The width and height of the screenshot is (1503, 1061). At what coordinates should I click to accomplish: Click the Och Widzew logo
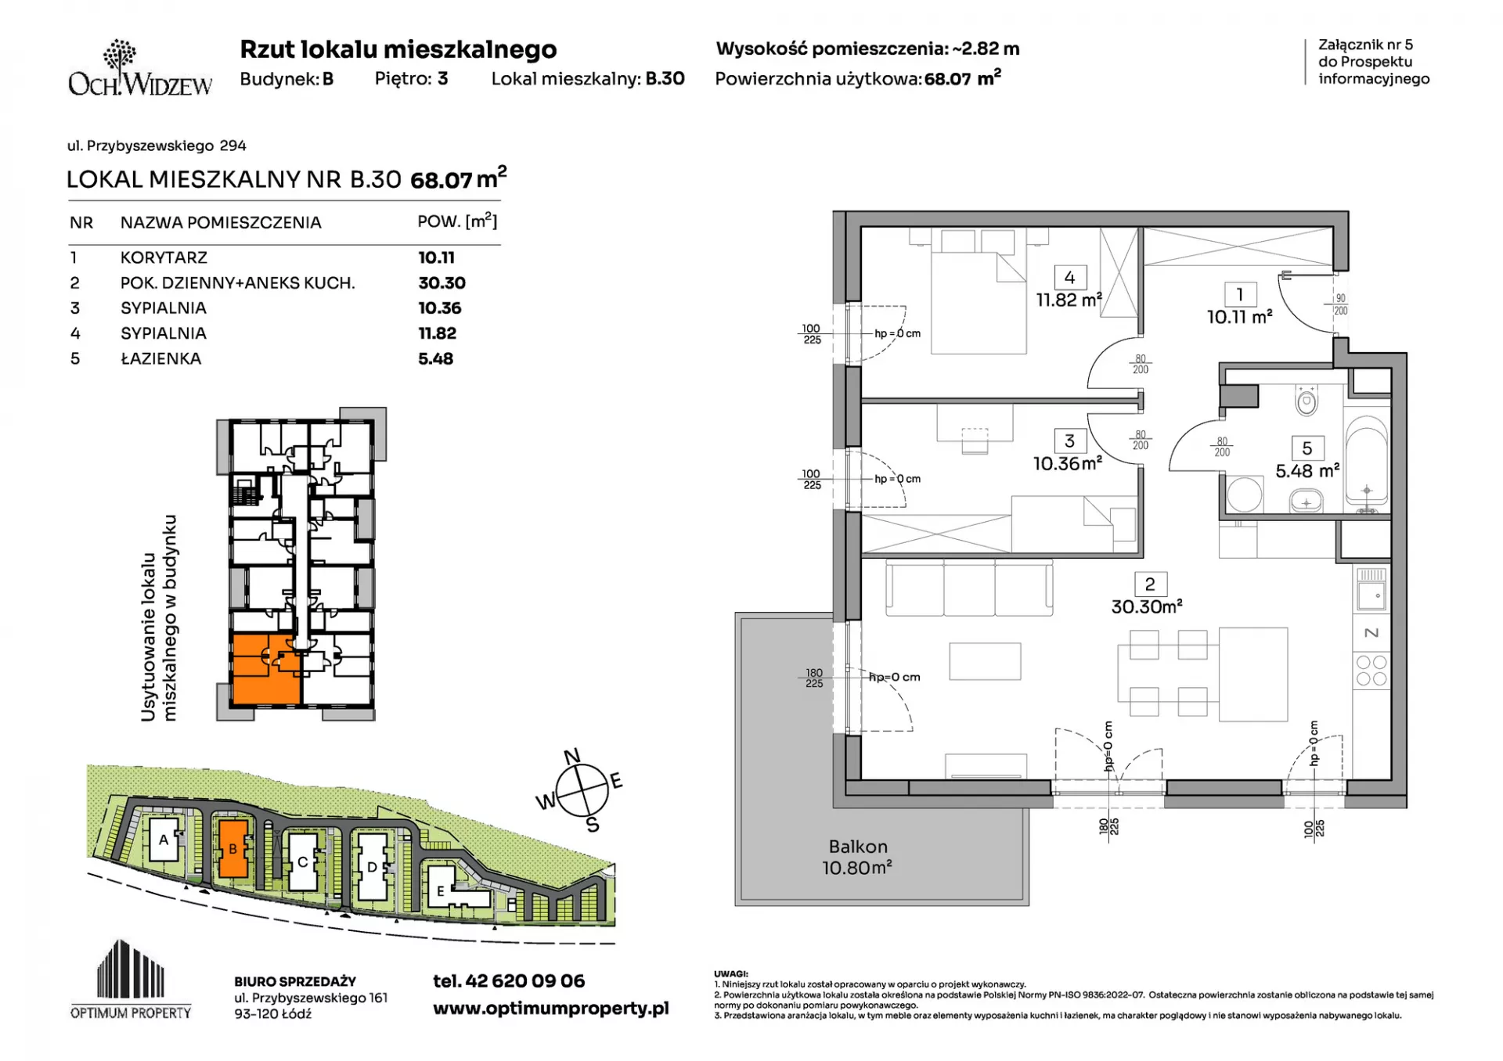(140, 68)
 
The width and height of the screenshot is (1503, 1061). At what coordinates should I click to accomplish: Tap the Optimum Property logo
(131, 979)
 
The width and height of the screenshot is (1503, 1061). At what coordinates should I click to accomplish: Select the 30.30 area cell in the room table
(442, 283)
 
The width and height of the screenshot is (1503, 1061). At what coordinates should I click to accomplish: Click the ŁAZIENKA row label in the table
(160, 359)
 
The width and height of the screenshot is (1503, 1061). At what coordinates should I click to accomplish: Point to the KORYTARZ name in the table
(164, 257)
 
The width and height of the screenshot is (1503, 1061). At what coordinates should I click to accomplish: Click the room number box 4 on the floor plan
(1069, 277)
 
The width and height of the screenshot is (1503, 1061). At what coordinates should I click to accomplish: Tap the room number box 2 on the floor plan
(1149, 584)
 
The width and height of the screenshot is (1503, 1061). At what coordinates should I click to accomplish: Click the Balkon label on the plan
(858, 847)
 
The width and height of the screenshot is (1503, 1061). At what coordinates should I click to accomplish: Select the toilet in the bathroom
(1307, 400)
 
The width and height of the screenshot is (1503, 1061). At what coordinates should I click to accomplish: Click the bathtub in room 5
(1367, 462)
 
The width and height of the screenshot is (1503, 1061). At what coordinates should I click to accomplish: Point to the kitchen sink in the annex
(1371, 589)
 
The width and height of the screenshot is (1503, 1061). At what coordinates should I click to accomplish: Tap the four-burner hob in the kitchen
(1371, 671)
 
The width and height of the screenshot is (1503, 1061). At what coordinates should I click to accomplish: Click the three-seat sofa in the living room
(969, 588)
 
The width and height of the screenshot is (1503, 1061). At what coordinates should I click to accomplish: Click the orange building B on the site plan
(232, 848)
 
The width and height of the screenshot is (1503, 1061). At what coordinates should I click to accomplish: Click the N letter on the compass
(572, 756)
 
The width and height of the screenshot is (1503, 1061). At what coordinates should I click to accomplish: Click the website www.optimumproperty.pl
(550, 1009)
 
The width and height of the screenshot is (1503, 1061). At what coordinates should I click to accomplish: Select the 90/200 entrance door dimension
(1341, 304)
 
